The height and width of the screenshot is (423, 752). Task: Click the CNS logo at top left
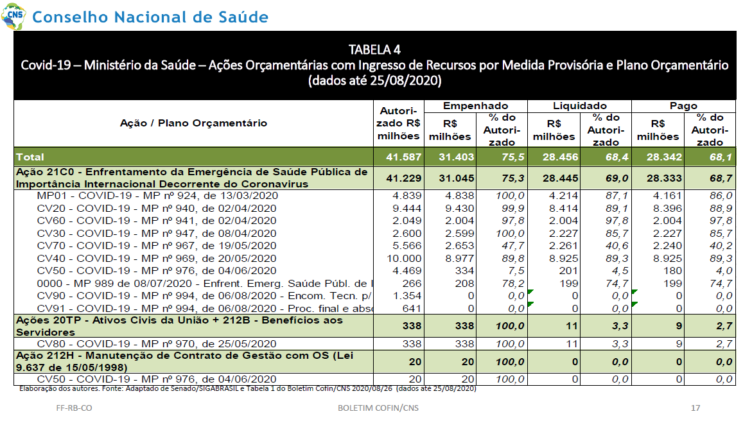pyautogui.click(x=13, y=16)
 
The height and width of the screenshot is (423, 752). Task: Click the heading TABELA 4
pyautogui.click(x=374, y=50)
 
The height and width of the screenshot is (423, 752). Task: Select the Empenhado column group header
pyautogui.click(x=475, y=106)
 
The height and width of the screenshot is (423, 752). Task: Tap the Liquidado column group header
pyautogui.click(x=579, y=106)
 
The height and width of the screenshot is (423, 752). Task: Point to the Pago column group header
pyautogui.click(x=683, y=106)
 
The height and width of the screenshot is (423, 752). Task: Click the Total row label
pyautogui.click(x=30, y=157)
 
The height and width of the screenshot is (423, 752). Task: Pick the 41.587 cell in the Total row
pyautogui.click(x=404, y=157)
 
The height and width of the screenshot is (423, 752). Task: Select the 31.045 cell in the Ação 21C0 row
pyautogui.click(x=456, y=178)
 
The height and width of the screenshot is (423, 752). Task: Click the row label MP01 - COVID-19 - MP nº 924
pyautogui.click(x=157, y=196)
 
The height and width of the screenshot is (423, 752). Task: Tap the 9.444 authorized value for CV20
pyautogui.click(x=407, y=208)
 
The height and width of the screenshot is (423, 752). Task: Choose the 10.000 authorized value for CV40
pyautogui.click(x=405, y=259)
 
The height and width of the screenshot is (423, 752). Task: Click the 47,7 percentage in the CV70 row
pyautogui.click(x=513, y=246)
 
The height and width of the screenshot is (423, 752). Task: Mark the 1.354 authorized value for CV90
pyautogui.click(x=407, y=296)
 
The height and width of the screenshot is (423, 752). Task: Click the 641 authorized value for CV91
pyautogui.click(x=412, y=308)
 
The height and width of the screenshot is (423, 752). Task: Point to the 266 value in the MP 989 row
pyautogui.click(x=412, y=284)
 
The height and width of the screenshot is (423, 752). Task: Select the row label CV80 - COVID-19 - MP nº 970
pyautogui.click(x=156, y=344)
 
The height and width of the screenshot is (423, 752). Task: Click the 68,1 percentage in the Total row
pyautogui.click(x=721, y=157)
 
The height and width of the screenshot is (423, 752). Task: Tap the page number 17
pyautogui.click(x=695, y=408)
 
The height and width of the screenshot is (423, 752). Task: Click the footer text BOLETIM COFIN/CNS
pyautogui.click(x=378, y=408)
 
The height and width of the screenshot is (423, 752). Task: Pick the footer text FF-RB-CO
pyautogui.click(x=74, y=408)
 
